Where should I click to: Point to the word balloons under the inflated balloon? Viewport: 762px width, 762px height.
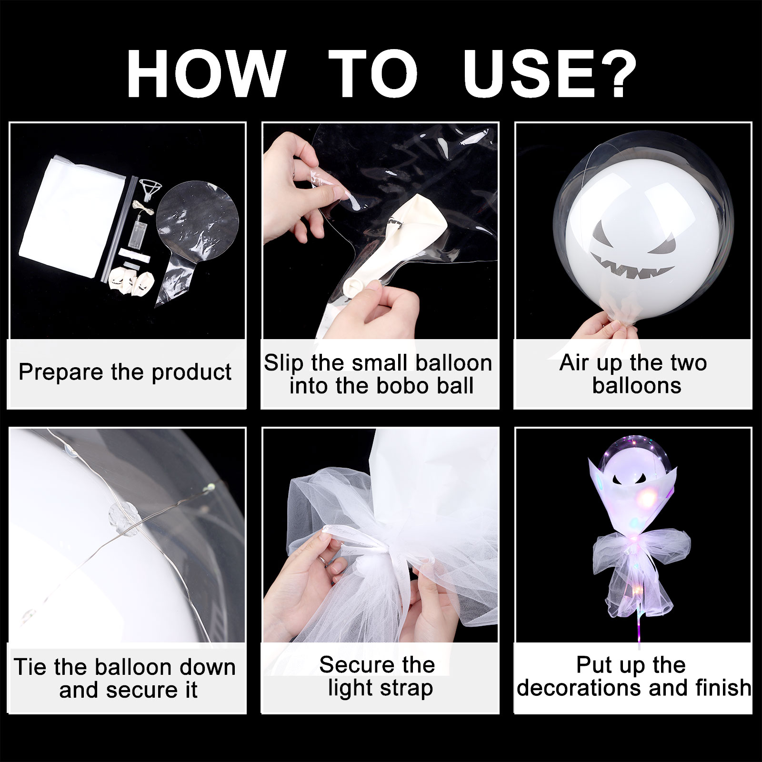click(637, 385)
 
